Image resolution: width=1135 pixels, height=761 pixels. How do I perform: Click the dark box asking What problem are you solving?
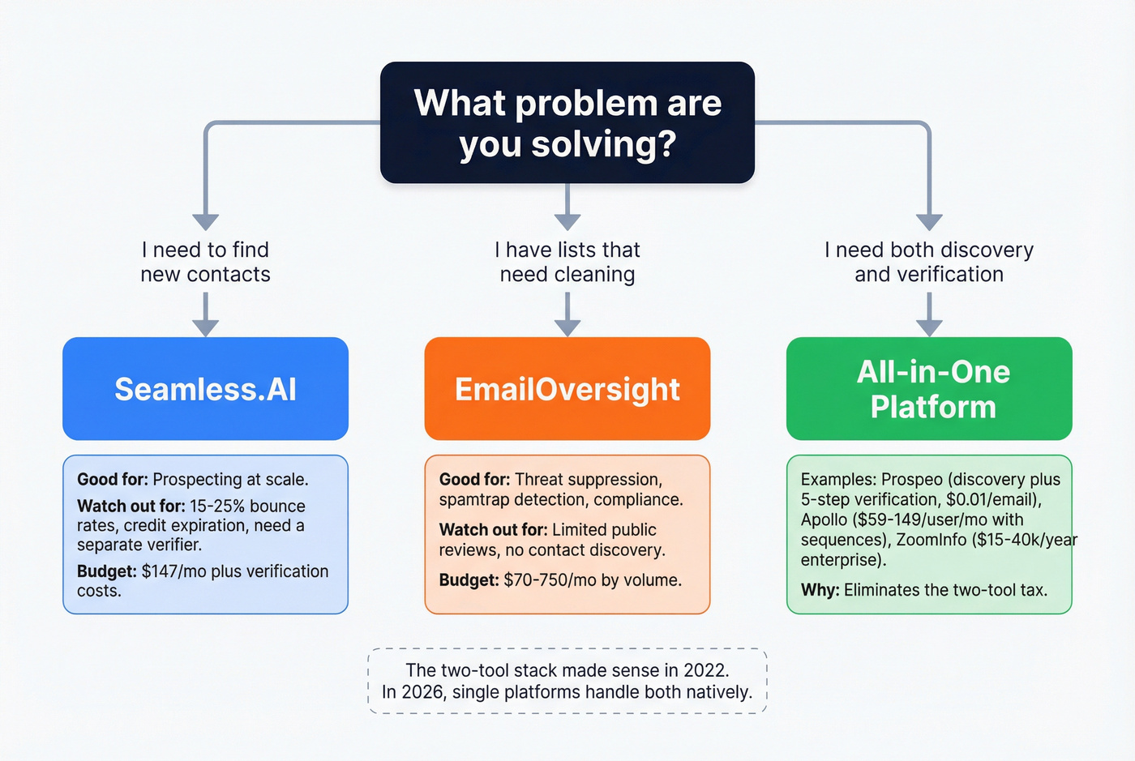pos(567,122)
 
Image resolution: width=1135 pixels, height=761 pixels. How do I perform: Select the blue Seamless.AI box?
pos(205,389)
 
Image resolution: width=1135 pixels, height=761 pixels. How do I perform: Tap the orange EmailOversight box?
pos(567,389)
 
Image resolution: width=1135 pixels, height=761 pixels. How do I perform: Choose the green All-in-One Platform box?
pos(929,389)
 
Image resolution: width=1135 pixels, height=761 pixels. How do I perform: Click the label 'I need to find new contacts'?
pos(205,262)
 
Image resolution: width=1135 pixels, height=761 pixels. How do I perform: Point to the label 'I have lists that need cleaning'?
pos(567,262)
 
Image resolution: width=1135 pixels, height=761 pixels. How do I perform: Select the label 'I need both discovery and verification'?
pos(929,262)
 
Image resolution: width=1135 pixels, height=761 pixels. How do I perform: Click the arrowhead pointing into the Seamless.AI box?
pos(205,327)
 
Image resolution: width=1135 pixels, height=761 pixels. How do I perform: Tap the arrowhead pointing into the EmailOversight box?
pos(567,327)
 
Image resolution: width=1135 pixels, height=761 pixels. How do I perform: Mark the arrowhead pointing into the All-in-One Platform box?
pos(929,327)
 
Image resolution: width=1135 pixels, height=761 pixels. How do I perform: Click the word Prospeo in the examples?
pos(913,480)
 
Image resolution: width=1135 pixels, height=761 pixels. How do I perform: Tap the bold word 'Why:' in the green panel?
pos(820,590)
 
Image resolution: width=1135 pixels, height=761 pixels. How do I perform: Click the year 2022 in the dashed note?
pos(706,670)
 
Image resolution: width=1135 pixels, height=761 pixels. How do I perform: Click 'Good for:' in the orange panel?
pos(474,480)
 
